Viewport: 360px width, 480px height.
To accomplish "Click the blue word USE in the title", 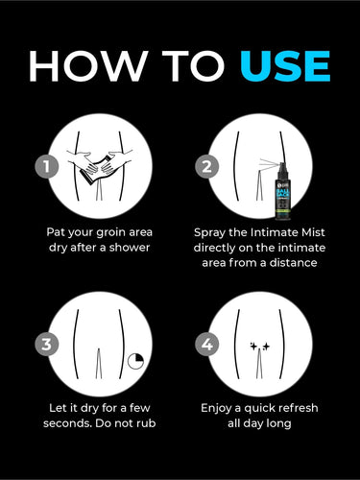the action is (285, 66).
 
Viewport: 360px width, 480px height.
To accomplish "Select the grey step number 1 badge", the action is (47, 166).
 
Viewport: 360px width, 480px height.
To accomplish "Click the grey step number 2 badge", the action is (207, 166).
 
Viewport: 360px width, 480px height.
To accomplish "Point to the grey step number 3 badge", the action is (47, 345).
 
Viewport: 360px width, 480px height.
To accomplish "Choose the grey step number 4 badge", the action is (207, 345).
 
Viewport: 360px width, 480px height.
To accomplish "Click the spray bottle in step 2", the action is (282, 191).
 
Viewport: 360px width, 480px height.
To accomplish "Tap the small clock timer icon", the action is (135, 362).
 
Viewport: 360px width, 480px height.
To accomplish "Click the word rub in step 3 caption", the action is (146, 423).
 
